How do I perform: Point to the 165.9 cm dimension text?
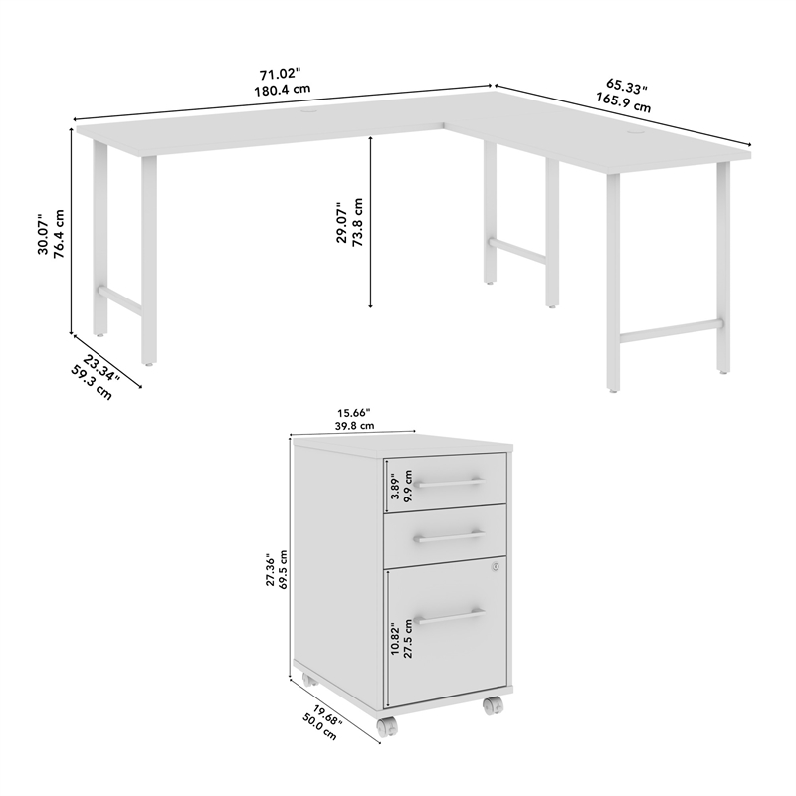tap(623, 100)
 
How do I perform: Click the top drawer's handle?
tap(450, 483)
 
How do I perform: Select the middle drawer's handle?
tap(450, 537)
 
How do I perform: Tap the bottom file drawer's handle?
tap(450, 618)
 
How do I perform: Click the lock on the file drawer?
tap(495, 567)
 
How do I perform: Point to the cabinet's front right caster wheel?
tap(492, 706)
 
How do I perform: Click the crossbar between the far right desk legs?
tap(668, 328)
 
